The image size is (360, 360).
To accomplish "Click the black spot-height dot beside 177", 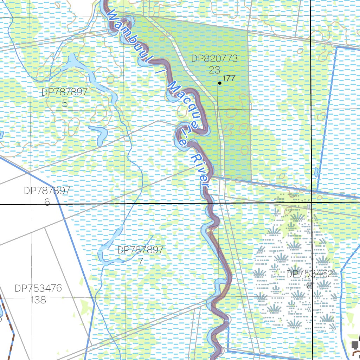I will pos(220,83).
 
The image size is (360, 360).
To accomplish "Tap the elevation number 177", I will pos(229,78).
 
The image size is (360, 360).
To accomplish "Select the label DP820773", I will pos(214,58).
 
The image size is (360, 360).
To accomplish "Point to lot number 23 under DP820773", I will pos(214,69).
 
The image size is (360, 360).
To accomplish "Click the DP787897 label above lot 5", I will pos(64,92).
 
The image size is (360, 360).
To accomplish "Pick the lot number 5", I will pos(64,103).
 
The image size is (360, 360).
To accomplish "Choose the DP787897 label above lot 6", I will pos(47,191).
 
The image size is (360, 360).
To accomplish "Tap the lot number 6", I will pos(47,202).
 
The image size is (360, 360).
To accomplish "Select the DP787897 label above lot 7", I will pos(141,250).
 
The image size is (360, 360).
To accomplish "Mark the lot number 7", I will pos(141,261).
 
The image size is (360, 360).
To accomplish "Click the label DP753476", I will pos(38,289).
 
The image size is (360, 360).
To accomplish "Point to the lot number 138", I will pos(38,300).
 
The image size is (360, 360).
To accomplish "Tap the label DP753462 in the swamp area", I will pos(309,274).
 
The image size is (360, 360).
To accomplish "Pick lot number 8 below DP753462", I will pos(309,285).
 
